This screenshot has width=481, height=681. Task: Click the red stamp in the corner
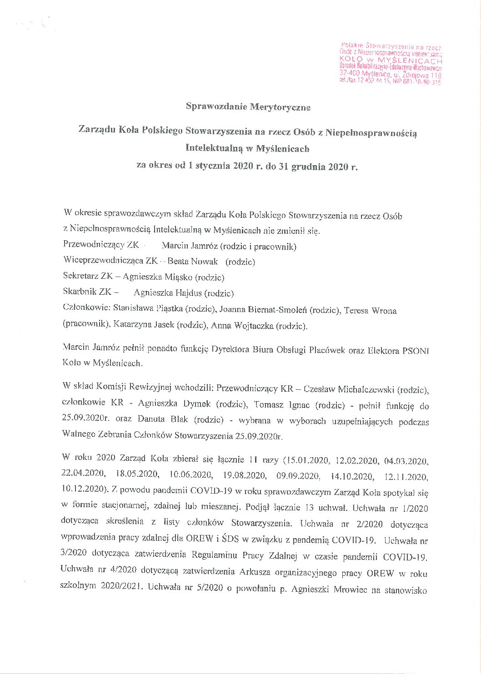(391, 64)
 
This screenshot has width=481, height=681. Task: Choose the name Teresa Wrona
(371, 311)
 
